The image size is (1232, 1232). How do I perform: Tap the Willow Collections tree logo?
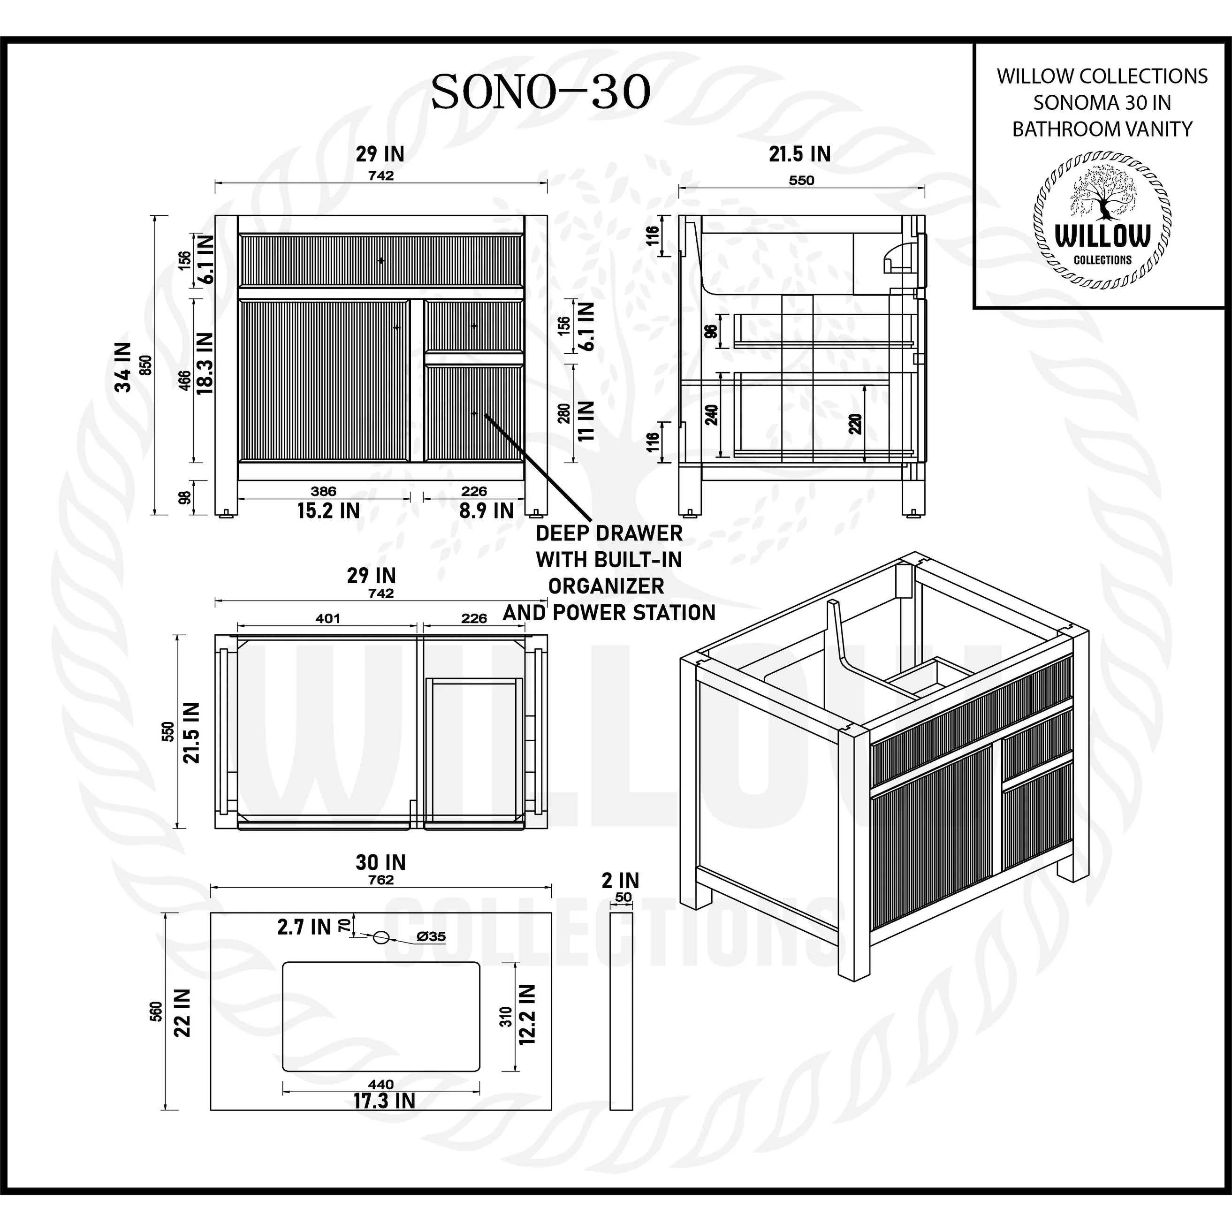[x=1103, y=225]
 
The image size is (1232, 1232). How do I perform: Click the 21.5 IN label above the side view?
[x=799, y=154]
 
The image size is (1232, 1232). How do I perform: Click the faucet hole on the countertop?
[x=380, y=937]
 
